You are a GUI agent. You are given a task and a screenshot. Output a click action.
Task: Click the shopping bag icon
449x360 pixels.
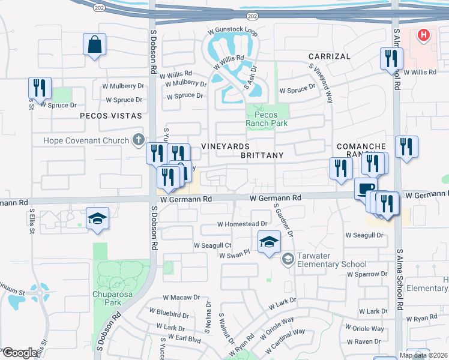(x=95, y=44)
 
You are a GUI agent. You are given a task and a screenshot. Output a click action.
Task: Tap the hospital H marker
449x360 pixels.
(x=424, y=35)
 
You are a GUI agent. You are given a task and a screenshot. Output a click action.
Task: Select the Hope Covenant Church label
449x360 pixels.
(x=86, y=141)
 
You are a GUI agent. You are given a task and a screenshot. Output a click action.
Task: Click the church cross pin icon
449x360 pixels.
(x=139, y=140)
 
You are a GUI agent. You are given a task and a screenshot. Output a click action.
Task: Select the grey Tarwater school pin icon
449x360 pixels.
(x=288, y=259)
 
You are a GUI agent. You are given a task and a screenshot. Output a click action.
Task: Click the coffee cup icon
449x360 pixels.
(x=365, y=189)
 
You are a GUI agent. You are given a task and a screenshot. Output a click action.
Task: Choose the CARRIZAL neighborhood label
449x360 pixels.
(x=330, y=56)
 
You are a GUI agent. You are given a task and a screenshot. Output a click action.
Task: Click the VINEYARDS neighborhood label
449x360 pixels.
(x=225, y=146)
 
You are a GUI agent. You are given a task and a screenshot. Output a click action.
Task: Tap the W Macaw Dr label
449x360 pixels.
(x=181, y=298)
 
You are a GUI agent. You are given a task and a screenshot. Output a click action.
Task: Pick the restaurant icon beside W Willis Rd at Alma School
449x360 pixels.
(x=391, y=58)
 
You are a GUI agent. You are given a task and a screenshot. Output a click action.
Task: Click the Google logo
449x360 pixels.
(x=20, y=353)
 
